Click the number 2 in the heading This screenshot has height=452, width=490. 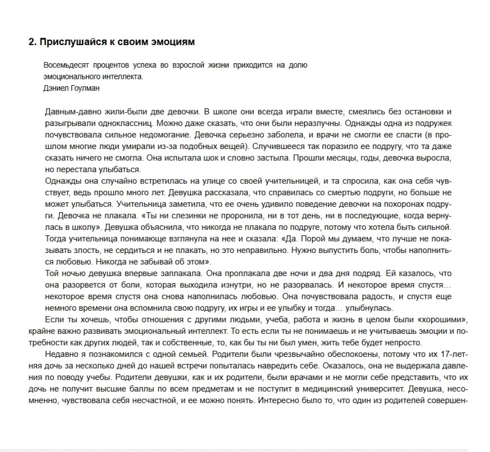(x=31, y=42)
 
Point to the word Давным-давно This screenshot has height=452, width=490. (x=69, y=112)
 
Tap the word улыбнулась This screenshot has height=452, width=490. (x=369, y=308)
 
